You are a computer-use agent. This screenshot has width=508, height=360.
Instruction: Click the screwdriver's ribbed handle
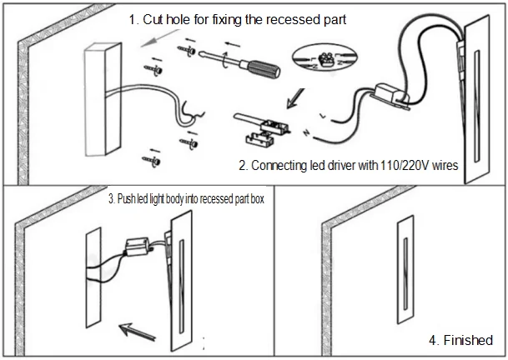pos(264,69)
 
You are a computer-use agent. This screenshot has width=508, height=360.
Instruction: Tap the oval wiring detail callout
pos(324,59)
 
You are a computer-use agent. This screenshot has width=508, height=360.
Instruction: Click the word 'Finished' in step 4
pos(468,340)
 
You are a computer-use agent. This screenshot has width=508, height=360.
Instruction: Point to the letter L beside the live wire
pos(323,116)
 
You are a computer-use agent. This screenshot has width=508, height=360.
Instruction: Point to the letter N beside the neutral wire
pos(306,132)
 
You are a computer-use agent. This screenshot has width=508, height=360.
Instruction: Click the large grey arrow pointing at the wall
pos(159,38)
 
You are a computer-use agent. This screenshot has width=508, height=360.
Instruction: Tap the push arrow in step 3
pos(138,332)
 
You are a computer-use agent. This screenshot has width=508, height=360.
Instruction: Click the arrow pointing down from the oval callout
pos(295,98)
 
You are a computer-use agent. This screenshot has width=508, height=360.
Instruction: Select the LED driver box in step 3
pos(138,247)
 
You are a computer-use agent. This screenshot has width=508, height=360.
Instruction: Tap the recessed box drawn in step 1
pos(103,99)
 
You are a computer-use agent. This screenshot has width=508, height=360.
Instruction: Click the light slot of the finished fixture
pos(405,274)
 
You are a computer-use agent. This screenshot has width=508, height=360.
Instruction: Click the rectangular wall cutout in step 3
pos(93,277)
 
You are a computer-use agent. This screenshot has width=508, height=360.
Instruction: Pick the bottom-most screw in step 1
pos(152,161)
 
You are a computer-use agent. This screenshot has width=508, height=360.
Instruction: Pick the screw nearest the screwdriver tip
pos(187,50)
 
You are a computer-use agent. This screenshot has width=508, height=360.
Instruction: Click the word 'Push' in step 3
pos(126,198)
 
